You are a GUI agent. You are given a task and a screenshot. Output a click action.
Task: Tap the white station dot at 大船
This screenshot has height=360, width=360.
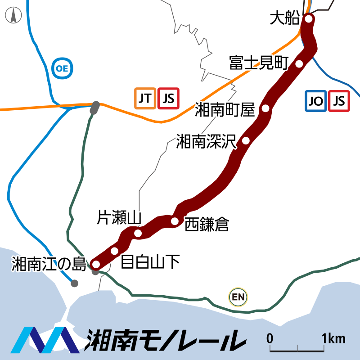tap(309, 18)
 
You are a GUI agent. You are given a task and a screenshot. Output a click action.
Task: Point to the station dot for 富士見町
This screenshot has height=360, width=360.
tap(299, 63)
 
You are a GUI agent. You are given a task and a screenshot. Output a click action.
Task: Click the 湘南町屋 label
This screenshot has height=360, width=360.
tap(225, 109)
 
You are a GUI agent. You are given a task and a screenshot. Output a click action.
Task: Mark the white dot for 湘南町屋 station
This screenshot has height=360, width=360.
tap(265, 108)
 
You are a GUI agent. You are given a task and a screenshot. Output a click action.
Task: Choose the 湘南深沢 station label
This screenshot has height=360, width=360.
tap(206, 141)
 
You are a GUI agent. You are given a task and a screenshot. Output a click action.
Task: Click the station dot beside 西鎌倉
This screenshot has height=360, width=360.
tap(175, 220)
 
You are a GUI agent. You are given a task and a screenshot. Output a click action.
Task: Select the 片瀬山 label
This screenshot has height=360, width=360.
tap(120, 218)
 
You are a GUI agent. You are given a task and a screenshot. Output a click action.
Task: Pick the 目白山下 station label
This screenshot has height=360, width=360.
tap(150, 261)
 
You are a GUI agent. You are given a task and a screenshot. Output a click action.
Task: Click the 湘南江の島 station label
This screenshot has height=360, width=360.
tap(49, 264)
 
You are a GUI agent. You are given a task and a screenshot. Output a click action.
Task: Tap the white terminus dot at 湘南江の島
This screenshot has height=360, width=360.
tap(95, 264)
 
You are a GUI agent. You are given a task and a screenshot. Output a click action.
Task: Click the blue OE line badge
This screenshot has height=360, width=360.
tap(62, 68)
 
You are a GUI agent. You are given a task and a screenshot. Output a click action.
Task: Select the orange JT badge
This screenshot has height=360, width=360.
tap(145, 98)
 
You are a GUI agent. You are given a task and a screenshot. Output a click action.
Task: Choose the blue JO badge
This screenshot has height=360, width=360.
tap(316, 101)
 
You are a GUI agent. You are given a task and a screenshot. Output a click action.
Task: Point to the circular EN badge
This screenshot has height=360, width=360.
tap(238, 297)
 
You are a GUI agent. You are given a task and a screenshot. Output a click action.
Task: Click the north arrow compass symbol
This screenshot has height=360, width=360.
tap(14, 16)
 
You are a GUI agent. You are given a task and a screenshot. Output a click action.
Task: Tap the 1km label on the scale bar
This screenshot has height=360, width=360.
tap(333, 338)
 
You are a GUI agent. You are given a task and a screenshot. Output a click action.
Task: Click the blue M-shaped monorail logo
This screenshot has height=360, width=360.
tap(45, 339)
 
